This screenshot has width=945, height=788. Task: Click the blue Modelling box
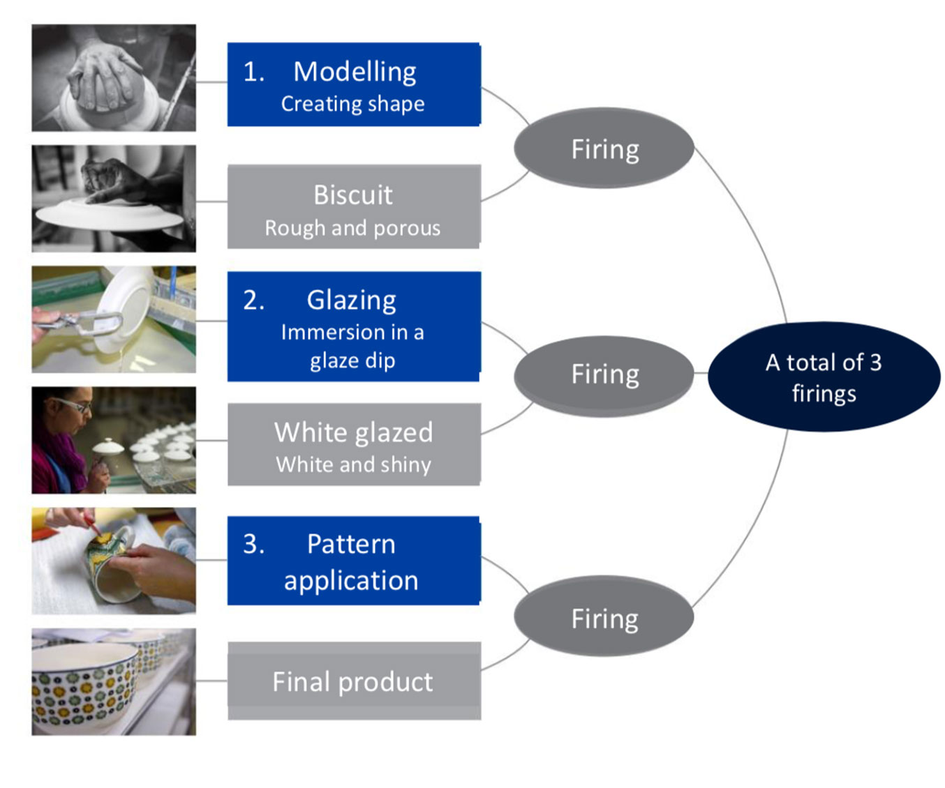coord(354,84)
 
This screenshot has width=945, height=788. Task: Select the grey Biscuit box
coord(354,206)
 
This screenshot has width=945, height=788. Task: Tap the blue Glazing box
coord(354,326)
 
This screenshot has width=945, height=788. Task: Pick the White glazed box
coord(354,444)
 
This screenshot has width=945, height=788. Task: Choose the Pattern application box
coord(354,561)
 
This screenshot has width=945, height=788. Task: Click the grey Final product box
coord(354,681)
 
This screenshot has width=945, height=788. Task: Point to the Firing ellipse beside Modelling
coord(604,148)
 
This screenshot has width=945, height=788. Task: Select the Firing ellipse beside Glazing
coord(604,375)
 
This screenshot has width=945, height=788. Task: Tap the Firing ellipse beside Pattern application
coord(604,616)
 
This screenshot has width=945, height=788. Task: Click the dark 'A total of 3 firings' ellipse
coord(824,377)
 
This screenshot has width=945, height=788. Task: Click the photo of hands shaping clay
coord(114,78)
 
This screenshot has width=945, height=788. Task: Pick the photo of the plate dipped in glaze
coord(114,319)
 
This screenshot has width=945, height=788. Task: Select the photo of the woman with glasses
coord(114,440)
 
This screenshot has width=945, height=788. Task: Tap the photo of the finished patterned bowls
coord(114,682)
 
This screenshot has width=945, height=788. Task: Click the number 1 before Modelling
coord(253,72)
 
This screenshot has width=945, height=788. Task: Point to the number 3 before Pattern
coord(253,544)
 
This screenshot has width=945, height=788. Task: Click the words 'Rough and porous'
coord(352,228)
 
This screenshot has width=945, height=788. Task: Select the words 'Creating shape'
coord(352,104)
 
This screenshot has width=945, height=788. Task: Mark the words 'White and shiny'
coord(353,464)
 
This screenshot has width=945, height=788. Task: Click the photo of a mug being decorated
coord(114,561)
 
